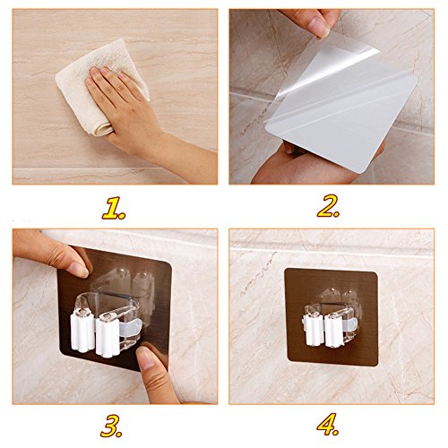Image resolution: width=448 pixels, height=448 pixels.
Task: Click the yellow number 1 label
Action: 114,208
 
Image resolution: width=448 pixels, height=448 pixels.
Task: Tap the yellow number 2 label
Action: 328,206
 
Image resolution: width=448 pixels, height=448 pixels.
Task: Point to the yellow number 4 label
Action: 328,425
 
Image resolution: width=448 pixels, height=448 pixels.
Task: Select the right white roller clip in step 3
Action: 108,335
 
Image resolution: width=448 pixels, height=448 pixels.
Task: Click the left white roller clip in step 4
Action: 313,326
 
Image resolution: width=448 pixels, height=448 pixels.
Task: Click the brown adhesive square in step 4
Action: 332,317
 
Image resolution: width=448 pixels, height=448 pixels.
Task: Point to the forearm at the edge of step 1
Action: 191,161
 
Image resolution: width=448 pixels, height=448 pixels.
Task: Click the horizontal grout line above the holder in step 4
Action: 332,252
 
